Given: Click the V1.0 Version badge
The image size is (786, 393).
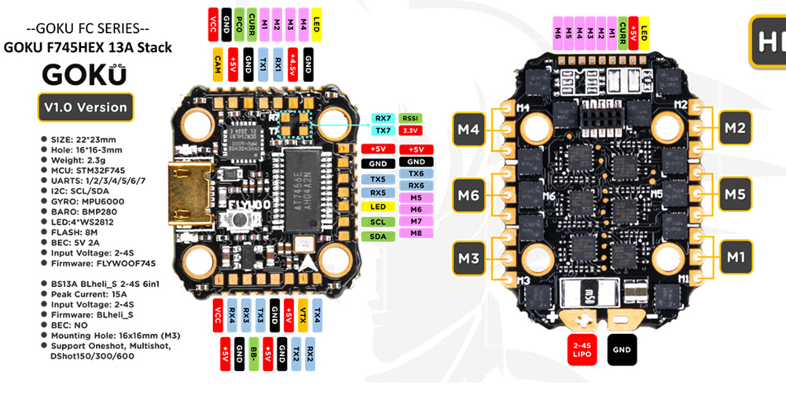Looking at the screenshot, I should coord(86,107).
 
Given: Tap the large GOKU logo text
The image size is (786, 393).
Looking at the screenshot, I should coord(86,73).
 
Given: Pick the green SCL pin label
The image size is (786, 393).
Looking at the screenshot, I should coord(377,221).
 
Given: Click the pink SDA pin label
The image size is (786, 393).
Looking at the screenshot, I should coord(377,236).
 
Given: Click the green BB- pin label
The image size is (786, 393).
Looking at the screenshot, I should coord(254,352).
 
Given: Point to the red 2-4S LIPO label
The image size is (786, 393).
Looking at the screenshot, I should coord(582,351).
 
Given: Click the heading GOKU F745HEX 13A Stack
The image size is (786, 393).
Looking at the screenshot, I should coord(88,47).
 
